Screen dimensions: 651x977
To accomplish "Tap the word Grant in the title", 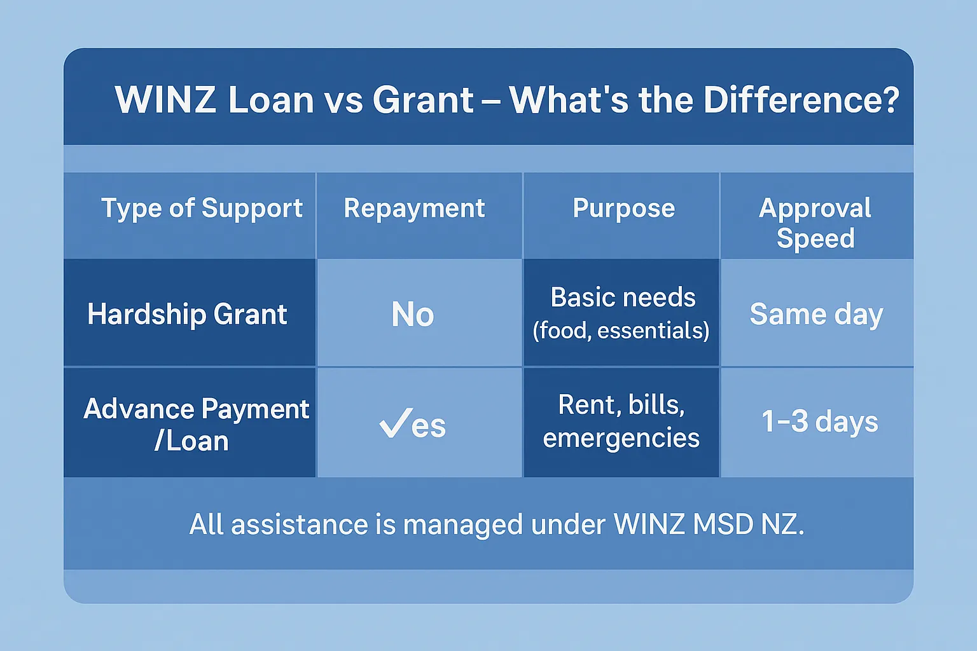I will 423,100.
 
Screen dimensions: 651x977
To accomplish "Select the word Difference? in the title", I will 801,100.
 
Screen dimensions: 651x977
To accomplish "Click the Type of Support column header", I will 202,209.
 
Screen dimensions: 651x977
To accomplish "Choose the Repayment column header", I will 414,209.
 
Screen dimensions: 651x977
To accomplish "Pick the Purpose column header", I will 623,209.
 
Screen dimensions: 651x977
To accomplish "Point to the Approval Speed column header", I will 815,223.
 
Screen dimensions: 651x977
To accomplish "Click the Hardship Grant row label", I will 187,314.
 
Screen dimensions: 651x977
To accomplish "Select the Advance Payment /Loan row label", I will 195,424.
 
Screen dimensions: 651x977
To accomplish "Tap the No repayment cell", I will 413,314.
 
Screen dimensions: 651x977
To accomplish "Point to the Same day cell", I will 816,314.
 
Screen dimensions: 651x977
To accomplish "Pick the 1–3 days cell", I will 819,421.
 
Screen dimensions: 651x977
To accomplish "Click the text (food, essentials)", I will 621,331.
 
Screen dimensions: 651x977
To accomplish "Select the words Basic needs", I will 623,298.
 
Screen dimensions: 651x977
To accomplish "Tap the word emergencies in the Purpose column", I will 621,438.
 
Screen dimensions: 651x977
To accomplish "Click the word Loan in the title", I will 271,100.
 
